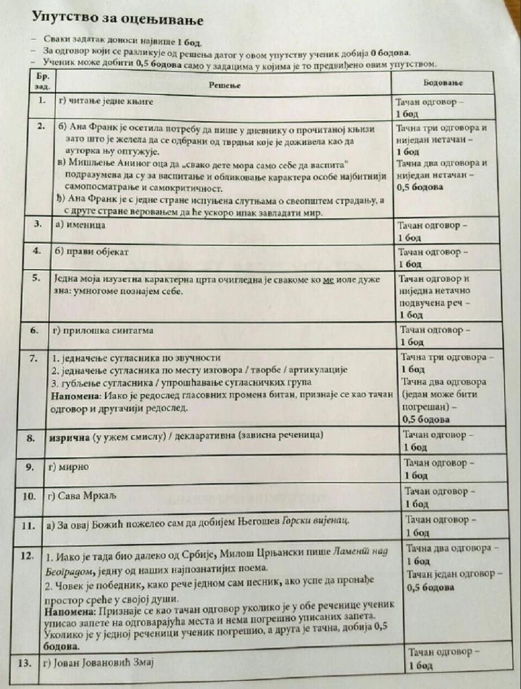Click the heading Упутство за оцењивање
coord(117,19)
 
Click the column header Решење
coord(225,85)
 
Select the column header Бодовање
coord(443,82)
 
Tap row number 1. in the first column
coord(42,100)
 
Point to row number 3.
coord(38,224)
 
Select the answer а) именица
coord(80,225)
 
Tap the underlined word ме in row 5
coord(328,279)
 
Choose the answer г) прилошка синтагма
coord(103,330)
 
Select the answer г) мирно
coord(68,467)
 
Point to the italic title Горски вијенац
coord(315,520)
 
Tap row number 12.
coord(28,556)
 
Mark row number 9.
coord(30,467)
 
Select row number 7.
coord(34,358)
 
